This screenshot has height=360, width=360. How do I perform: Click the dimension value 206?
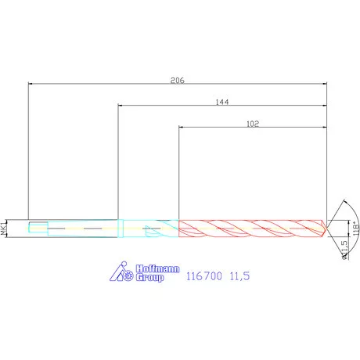tap(177, 79)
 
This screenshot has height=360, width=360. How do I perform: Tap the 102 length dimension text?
tap(252, 123)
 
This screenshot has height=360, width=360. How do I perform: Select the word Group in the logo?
tap(149, 278)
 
